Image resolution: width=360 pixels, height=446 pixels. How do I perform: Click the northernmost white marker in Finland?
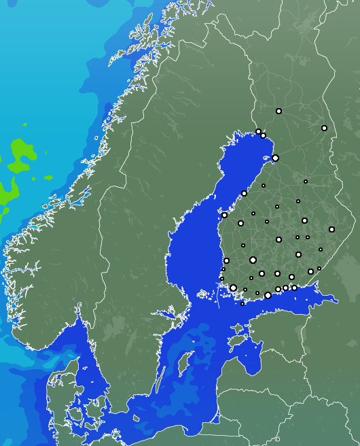coord(278,111)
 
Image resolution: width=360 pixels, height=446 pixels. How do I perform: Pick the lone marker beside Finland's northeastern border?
coord(324,128)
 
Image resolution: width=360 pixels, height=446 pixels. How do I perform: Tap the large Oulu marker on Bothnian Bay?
coord(275,158)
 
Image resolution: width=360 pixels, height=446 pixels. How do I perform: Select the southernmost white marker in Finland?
coord(242,304)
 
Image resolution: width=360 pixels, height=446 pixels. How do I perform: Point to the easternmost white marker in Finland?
coord(331,229)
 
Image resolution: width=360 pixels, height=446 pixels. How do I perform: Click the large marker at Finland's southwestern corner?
coord(233,288)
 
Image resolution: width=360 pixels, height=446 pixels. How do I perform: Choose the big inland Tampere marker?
coord(253,260)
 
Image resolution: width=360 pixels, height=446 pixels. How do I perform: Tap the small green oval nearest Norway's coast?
coord(48,178)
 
